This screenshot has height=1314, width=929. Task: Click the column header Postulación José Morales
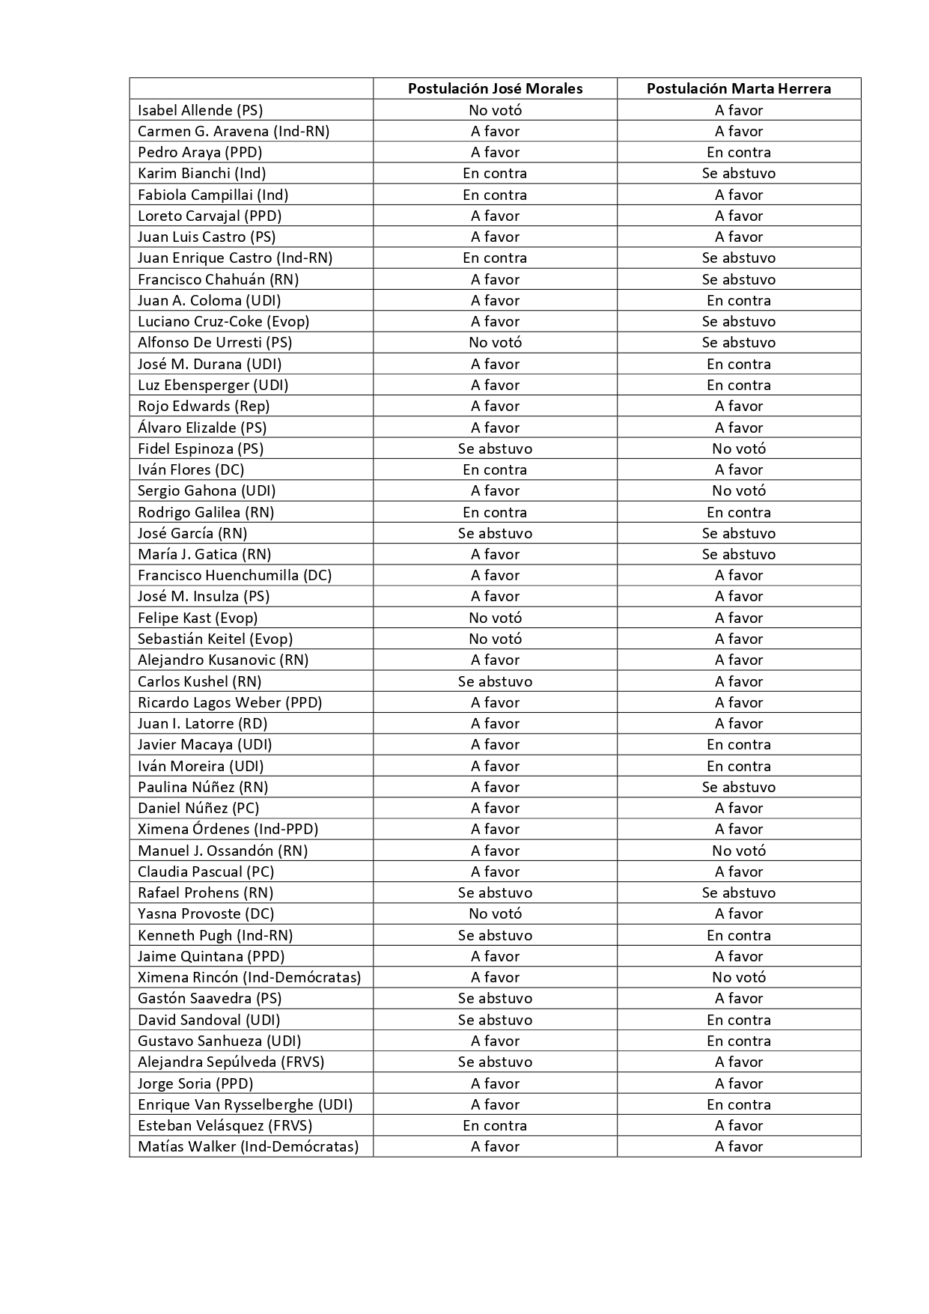coord(495,88)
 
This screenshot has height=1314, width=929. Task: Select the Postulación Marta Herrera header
coord(738,88)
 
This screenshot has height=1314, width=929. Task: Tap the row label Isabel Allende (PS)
coord(200,110)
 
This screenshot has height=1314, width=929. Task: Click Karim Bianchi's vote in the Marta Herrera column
coord(738,173)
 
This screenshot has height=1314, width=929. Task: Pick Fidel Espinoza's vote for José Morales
coord(495,448)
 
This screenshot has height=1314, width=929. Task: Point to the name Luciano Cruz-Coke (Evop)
coord(223,321)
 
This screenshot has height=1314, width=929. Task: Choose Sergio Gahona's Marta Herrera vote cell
coord(738,490)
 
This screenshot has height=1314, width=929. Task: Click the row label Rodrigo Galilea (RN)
coord(206,512)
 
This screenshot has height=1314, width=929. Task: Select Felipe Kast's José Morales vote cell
coord(495,618)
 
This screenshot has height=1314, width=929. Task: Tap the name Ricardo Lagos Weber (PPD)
coord(230,702)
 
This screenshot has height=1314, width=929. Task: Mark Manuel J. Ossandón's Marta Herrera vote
coord(738,851)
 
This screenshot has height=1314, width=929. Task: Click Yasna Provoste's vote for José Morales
coord(495,913)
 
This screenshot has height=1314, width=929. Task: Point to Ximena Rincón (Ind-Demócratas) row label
coord(249,977)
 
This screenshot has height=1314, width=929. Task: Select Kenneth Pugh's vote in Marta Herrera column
coord(738,935)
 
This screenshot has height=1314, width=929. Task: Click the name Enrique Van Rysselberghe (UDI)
coord(245,1104)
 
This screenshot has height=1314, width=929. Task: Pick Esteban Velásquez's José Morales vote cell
coord(495,1125)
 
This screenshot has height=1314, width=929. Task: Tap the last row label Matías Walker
coord(248,1146)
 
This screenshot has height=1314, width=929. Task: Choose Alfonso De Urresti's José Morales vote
coord(495,342)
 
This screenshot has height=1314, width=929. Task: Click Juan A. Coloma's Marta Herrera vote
coord(738,300)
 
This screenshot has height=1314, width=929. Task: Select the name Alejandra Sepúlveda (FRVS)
coord(231,1062)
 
